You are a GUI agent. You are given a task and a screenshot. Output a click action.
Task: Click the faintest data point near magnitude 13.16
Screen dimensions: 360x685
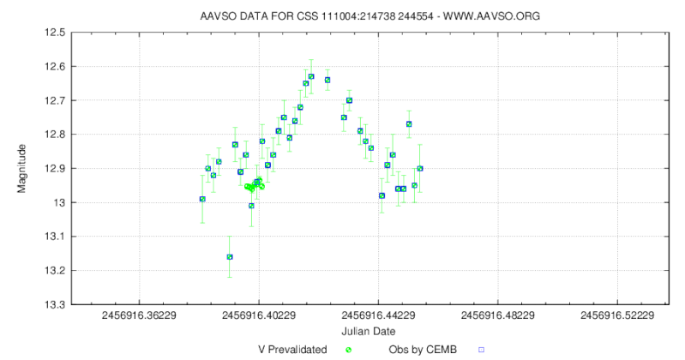(229, 256)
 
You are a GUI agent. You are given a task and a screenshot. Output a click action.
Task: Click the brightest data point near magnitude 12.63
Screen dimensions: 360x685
(311, 76)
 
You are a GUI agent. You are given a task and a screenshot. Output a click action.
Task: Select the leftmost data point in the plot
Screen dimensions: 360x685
(202, 199)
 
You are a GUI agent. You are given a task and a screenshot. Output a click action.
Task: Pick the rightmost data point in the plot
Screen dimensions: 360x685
(420, 168)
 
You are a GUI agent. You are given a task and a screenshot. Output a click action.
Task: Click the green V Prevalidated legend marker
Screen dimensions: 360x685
(349, 350)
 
